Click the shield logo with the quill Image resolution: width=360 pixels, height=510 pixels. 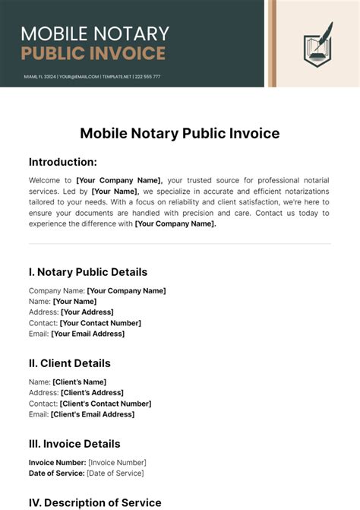coord(318,45)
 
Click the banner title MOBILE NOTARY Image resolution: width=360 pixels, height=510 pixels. coord(95,33)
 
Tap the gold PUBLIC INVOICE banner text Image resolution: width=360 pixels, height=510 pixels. coord(93,53)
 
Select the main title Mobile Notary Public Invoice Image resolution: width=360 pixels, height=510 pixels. coord(180,134)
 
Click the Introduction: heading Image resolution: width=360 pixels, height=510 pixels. coord(63,162)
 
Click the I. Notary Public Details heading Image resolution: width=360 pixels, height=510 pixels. coord(88,272)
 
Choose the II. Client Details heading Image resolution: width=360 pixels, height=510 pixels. coord(70,363)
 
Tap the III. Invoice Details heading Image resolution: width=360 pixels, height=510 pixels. coord(74,444)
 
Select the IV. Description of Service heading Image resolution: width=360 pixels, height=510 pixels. coord(95,502)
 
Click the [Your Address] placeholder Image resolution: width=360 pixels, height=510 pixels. coord(87,312)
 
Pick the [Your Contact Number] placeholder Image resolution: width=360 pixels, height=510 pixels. coord(100,323)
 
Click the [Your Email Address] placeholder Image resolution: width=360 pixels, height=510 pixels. coord(87,334)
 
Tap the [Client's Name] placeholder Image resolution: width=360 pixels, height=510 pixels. coord(79,382)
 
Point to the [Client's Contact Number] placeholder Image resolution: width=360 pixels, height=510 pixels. coord(106,404)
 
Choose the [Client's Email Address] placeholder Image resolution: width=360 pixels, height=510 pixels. coord(93,414)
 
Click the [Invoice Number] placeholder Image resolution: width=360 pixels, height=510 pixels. coord(117,462)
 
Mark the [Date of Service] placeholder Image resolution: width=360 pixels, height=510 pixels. coord(115,473)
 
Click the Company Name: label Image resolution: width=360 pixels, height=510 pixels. coord(57,290)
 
